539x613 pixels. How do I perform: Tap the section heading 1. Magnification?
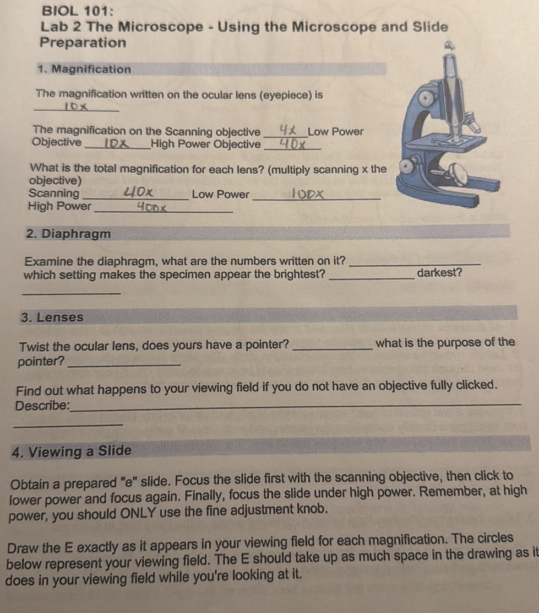click(85, 69)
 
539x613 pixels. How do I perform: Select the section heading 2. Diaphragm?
click(68, 234)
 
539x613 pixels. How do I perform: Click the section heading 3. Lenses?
click(52, 318)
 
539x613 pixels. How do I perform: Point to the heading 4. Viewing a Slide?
click(72, 451)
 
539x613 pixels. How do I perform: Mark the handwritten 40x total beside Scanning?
click(138, 193)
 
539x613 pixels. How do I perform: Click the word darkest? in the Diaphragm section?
click(439, 272)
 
